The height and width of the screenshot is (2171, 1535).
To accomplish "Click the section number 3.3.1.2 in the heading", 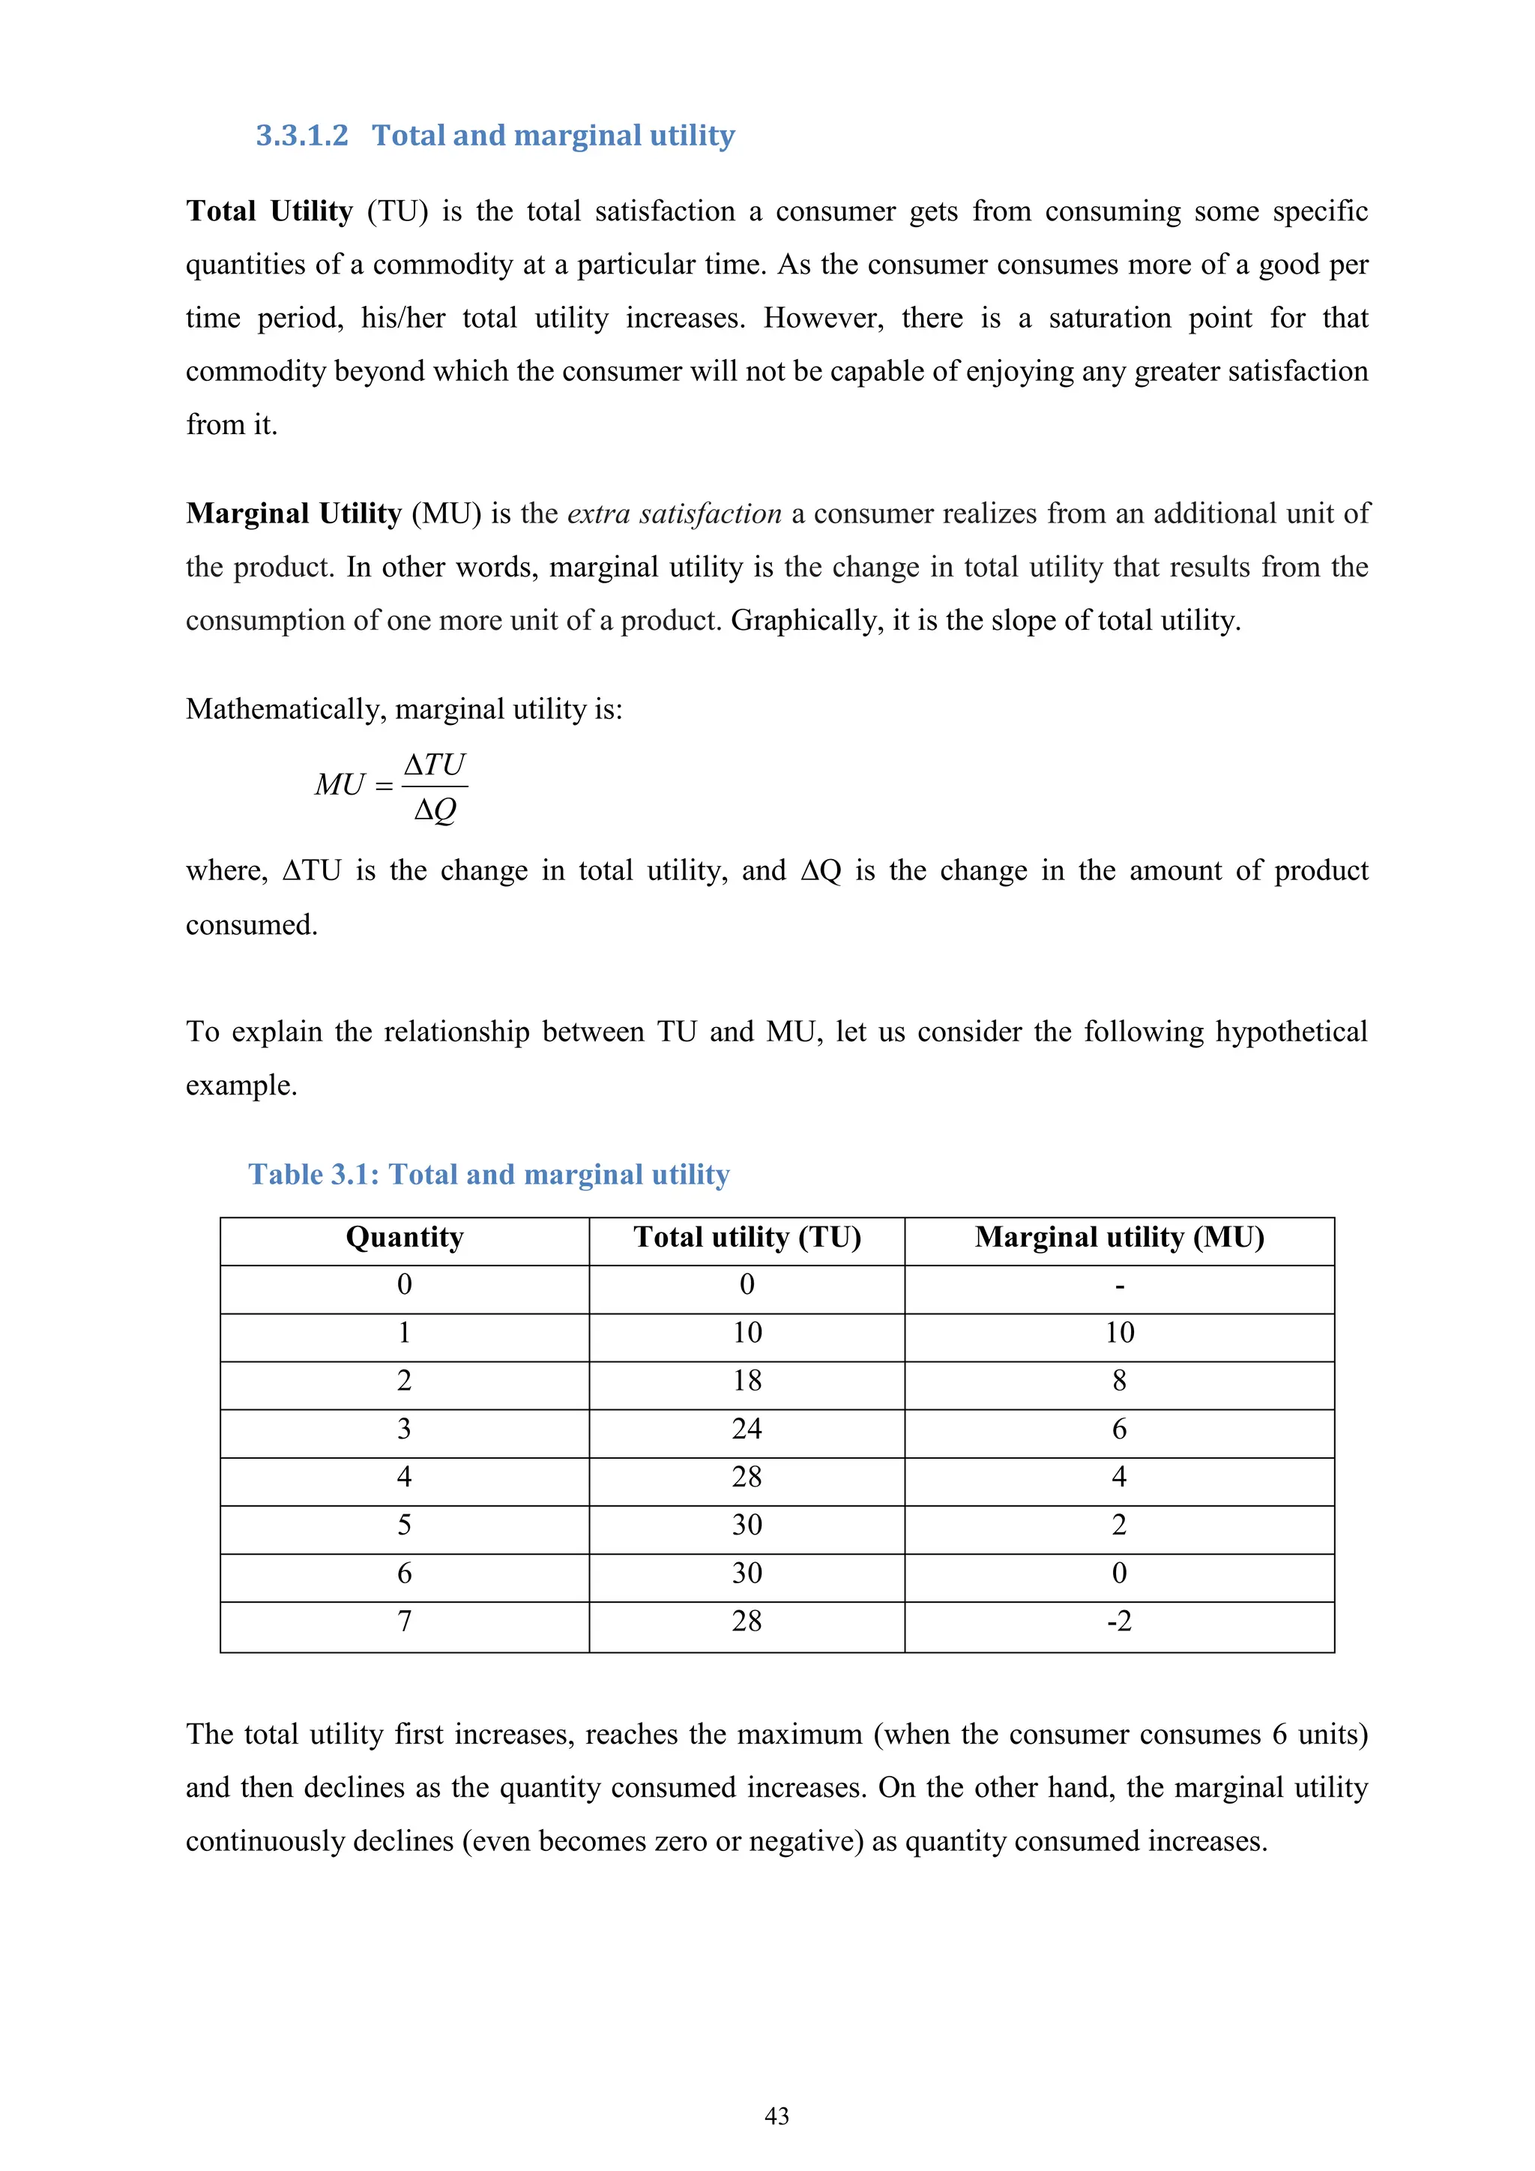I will pos(301,135).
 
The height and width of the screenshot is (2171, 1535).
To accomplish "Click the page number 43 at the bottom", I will pos(776,2116).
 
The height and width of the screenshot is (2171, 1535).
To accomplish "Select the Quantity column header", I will pos(405,1238).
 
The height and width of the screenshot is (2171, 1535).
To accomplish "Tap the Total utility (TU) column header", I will pos(747,1238).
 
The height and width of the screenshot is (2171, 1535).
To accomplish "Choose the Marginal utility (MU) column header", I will pos(1119,1238).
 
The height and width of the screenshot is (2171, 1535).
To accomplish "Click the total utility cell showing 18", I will pos(747,1382).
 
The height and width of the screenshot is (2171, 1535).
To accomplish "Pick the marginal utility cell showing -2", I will pos(1119,1622).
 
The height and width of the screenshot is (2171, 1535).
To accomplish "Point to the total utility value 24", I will pos(747,1430).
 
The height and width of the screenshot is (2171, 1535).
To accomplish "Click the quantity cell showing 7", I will pos(405,1622).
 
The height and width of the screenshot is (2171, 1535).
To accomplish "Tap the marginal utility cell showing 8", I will pos(1119,1382).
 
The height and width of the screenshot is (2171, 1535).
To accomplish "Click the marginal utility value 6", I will pos(1119,1430).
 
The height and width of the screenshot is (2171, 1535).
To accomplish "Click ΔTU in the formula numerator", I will pos(435,764).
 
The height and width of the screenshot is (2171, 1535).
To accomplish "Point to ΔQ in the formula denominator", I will pos(435,810).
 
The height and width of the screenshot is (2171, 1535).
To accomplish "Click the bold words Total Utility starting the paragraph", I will pos(269,211).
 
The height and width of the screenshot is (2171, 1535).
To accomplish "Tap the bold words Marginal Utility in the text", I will pos(294,514).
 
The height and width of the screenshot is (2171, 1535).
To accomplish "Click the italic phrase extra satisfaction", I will pos(674,514).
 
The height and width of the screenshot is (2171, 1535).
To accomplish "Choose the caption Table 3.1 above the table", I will pos(488,1175).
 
